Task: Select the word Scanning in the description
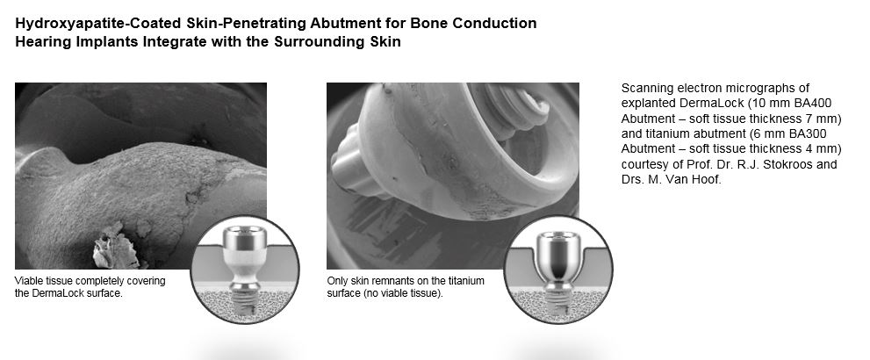pyautogui.click(x=644, y=88)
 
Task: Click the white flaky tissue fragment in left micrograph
pyautogui.click(x=115, y=246)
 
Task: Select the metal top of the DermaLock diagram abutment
pyautogui.click(x=244, y=240)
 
